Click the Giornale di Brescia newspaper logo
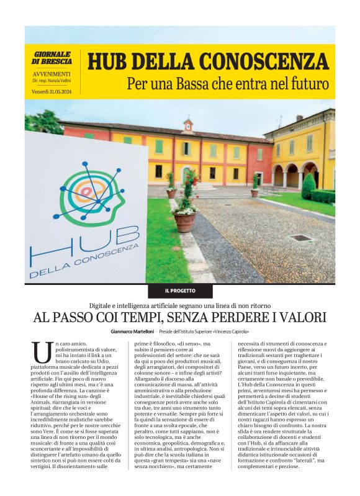(52, 58)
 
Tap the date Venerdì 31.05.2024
(52, 92)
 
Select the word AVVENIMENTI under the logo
(52, 74)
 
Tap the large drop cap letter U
(41, 353)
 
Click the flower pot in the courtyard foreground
(184, 219)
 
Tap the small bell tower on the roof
(187, 125)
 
